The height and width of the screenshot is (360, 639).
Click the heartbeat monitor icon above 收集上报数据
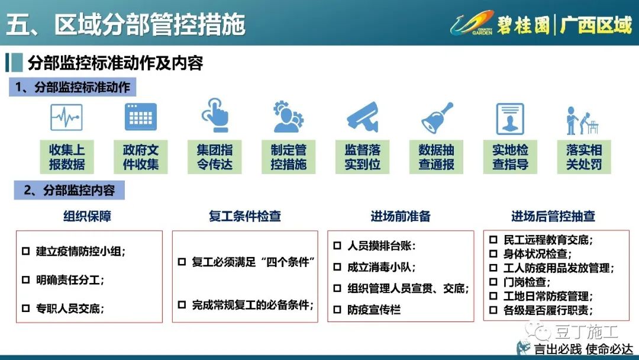click(66, 117)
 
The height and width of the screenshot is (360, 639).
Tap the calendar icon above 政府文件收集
click(141, 117)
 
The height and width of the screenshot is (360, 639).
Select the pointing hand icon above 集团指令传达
click(215, 115)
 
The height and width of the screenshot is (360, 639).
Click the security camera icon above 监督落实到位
click(363, 117)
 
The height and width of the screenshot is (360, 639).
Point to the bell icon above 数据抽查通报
click(437, 117)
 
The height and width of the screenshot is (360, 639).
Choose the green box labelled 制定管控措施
click(289, 157)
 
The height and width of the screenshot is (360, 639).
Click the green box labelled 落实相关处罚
click(584, 157)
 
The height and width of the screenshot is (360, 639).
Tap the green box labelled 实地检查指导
click(510, 157)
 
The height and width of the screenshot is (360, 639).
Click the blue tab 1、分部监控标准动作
click(73, 87)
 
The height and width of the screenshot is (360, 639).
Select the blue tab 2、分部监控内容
click(69, 190)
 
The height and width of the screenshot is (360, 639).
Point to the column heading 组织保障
click(87, 216)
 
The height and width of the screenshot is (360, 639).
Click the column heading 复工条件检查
click(244, 216)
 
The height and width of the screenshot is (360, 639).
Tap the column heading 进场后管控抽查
click(553, 216)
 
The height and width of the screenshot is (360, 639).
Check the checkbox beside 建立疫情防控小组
click(25, 251)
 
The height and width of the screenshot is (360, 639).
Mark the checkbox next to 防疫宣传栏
click(337, 310)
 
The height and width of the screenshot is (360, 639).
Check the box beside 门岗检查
click(493, 282)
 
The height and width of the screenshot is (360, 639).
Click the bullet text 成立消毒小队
click(382, 267)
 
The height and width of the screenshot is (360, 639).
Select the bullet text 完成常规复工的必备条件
click(253, 304)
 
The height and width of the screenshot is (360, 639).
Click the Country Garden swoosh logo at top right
click(472, 23)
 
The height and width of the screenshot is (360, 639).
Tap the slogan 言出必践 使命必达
click(583, 349)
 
